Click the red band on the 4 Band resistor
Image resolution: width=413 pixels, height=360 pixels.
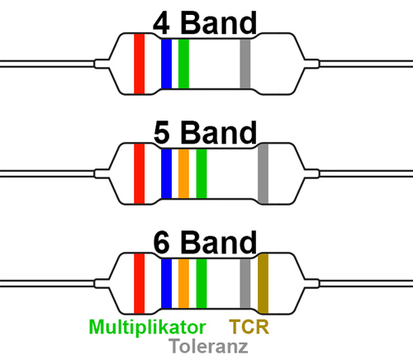(x=140, y=64)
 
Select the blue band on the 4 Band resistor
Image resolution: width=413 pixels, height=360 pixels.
(x=166, y=64)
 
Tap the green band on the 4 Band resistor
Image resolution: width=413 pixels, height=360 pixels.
(x=183, y=64)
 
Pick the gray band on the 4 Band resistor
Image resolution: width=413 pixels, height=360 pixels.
(x=245, y=64)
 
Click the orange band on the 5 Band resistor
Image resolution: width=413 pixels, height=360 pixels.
(x=183, y=173)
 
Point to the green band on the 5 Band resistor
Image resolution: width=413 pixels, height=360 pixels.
(x=202, y=173)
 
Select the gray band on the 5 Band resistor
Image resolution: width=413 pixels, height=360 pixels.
(x=263, y=173)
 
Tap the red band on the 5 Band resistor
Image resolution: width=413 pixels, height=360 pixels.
(x=140, y=173)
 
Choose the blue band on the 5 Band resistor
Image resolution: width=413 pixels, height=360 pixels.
(x=166, y=173)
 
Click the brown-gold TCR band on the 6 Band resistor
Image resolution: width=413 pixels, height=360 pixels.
(x=263, y=283)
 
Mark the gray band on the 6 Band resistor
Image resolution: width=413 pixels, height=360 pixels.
(x=245, y=283)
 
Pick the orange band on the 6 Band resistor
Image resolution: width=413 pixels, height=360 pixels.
(x=183, y=283)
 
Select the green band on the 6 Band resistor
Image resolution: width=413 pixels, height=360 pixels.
(x=202, y=283)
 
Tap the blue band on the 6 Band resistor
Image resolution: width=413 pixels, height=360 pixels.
(x=166, y=283)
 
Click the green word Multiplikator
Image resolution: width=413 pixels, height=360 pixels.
(x=147, y=327)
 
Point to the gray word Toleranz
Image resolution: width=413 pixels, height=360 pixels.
(x=208, y=346)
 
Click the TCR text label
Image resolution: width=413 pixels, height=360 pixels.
(x=249, y=327)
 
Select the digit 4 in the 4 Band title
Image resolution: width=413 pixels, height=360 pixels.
(x=161, y=24)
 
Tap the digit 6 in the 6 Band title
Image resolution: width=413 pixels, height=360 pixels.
(x=161, y=243)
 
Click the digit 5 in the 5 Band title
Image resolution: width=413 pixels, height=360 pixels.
(x=161, y=133)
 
